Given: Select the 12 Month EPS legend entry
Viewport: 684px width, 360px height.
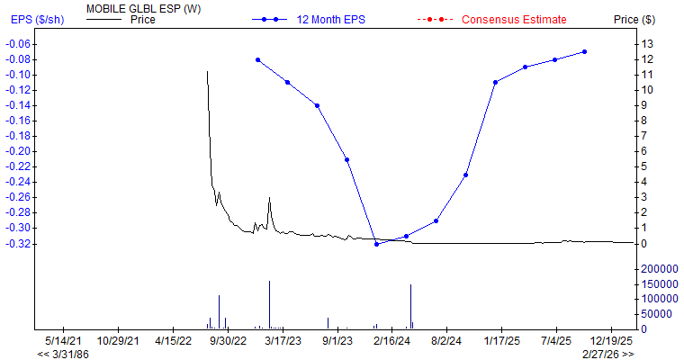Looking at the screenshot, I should click(x=334, y=19).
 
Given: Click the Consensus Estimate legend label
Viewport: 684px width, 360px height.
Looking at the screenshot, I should click(x=514, y=19).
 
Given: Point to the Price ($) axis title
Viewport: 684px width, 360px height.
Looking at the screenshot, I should click(x=634, y=19).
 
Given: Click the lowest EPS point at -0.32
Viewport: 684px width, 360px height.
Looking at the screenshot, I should click(x=376, y=244).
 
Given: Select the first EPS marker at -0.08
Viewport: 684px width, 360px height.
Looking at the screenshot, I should click(x=257, y=59).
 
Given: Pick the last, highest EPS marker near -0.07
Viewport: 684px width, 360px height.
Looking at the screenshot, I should click(x=585, y=51).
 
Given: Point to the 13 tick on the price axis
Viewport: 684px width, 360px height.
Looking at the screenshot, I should click(x=644, y=44).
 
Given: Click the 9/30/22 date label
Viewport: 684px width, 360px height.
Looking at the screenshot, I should click(x=228, y=341).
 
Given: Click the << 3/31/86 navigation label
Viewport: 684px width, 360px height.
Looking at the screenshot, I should click(x=63, y=355).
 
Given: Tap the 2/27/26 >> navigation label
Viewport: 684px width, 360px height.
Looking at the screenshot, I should click(x=607, y=355).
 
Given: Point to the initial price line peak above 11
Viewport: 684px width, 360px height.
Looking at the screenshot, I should click(x=207, y=72).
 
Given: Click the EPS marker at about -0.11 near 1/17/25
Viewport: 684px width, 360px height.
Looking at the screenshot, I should click(x=495, y=82).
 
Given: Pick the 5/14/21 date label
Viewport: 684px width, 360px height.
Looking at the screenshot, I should click(x=63, y=341).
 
